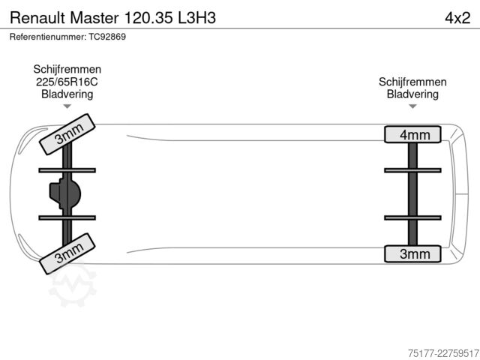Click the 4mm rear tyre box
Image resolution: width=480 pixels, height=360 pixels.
pyautogui.click(x=412, y=134)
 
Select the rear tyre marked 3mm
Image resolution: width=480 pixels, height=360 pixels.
pyautogui.click(x=412, y=253)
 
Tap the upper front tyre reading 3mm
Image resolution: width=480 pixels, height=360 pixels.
pyautogui.click(x=67, y=134)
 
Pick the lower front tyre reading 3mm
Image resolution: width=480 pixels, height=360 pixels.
pyautogui.click(x=67, y=253)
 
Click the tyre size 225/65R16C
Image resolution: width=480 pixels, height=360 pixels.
pyautogui.click(x=67, y=82)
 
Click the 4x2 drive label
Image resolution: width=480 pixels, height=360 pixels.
pyautogui.click(x=457, y=18)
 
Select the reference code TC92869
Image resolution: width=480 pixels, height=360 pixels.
pyautogui.click(x=107, y=37)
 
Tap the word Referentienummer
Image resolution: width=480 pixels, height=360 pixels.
pyautogui.click(x=48, y=37)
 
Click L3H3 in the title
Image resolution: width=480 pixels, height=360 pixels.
pyautogui.click(x=196, y=17)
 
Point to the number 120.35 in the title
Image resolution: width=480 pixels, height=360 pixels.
pyautogui.click(x=148, y=17)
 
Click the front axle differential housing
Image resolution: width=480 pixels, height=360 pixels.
pyautogui.click(x=65, y=193)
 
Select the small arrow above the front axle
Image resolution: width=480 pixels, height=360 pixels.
pyautogui.click(x=67, y=106)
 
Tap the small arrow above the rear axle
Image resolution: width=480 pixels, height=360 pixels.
pyautogui.click(x=412, y=106)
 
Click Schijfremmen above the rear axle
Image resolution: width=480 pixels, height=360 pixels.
pyautogui.click(x=412, y=82)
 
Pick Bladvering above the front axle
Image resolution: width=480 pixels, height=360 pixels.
pyautogui.click(x=67, y=94)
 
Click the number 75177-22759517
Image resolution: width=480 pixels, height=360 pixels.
pyautogui.click(x=443, y=353)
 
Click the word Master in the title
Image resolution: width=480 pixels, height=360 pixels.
pyautogui.click(x=94, y=17)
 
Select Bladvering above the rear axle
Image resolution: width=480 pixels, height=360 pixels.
pyautogui.click(x=412, y=94)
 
